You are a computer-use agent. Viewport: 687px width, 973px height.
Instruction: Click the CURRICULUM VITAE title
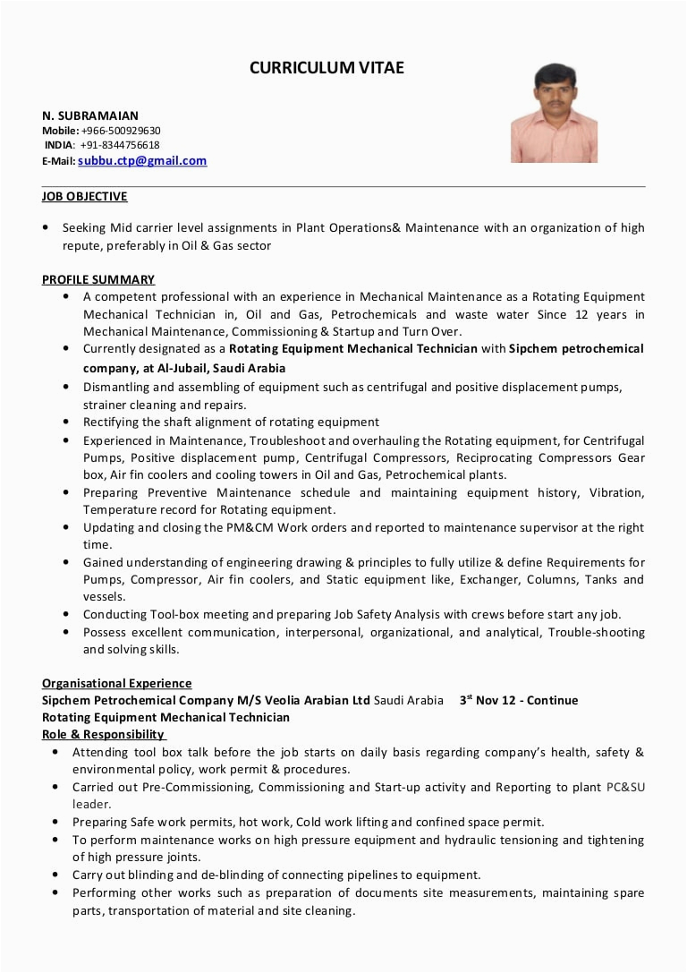click(x=327, y=68)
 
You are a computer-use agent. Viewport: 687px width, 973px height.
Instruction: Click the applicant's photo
click(x=554, y=113)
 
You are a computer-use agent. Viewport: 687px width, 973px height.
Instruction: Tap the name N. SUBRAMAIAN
click(x=90, y=115)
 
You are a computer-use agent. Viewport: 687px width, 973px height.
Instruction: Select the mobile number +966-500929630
click(x=121, y=131)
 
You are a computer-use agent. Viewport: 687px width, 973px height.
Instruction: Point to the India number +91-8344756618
click(x=120, y=145)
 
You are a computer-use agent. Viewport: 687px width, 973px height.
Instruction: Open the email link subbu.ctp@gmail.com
click(x=142, y=161)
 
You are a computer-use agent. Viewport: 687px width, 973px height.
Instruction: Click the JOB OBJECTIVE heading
click(x=85, y=197)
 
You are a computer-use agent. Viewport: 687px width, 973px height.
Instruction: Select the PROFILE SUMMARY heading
click(x=98, y=279)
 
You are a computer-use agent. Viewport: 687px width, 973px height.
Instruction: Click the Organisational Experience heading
click(x=117, y=683)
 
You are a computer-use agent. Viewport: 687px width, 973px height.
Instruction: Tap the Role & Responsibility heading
click(x=104, y=734)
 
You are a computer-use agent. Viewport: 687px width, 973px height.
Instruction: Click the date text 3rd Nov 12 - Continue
click(x=519, y=700)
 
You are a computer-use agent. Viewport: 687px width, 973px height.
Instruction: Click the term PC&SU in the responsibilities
click(x=625, y=787)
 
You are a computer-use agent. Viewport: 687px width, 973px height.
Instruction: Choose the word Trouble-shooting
click(x=596, y=632)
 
